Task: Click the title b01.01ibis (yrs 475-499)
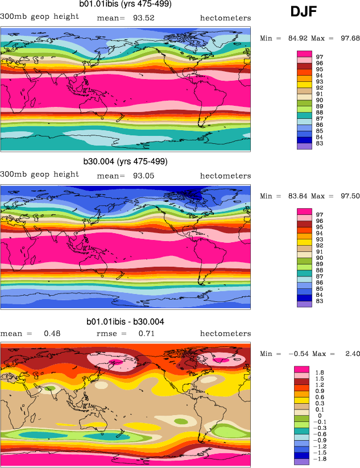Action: tap(125, 4)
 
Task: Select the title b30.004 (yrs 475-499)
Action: tap(126, 161)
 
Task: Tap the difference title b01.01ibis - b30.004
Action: tap(126, 322)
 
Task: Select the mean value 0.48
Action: tap(52, 334)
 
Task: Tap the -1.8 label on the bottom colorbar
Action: tap(320, 458)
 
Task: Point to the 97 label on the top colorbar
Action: tap(320, 57)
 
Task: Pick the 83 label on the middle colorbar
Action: tap(320, 301)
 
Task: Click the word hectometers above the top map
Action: tap(225, 18)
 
